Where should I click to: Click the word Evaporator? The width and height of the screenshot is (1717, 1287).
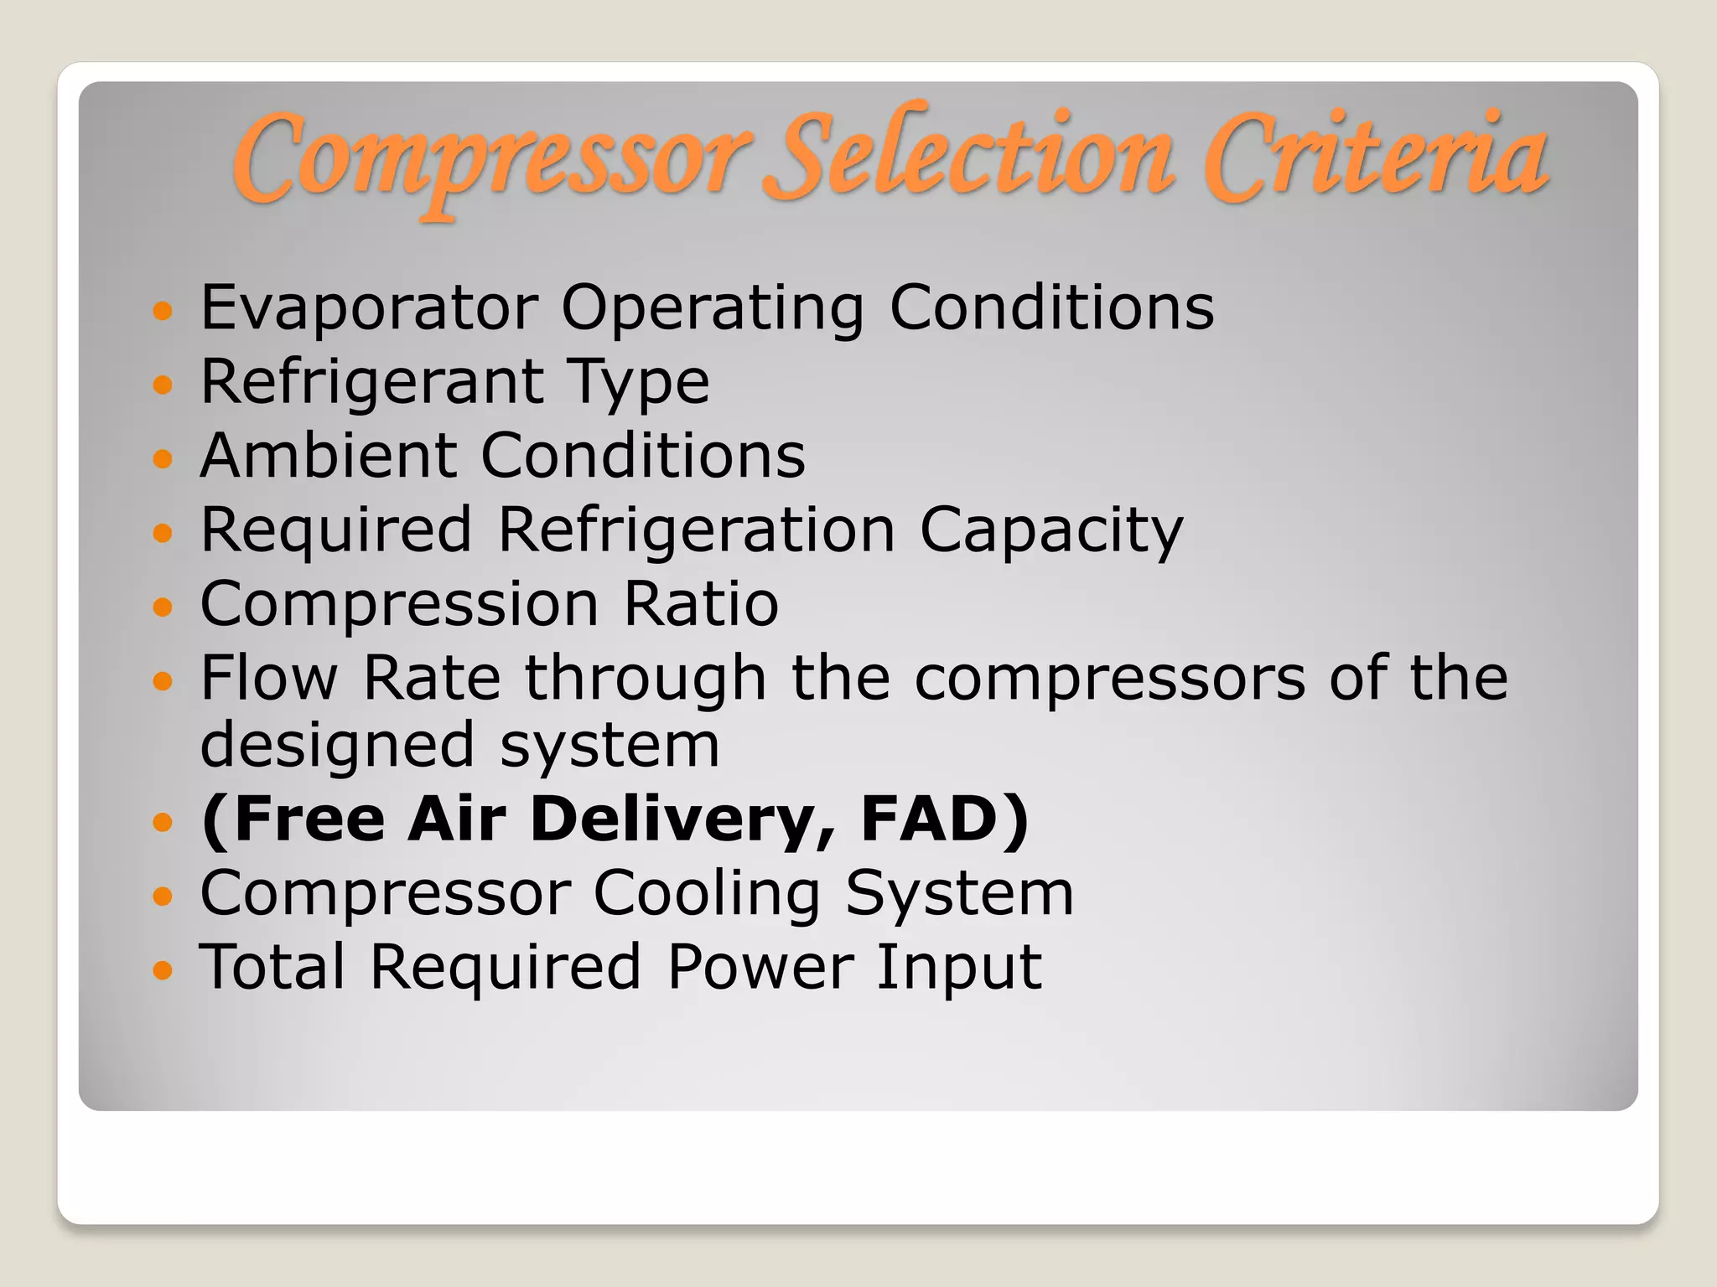click(369, 308)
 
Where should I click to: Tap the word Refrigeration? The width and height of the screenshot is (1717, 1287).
click(697, 531)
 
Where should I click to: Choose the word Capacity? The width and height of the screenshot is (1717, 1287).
click(1051, 531)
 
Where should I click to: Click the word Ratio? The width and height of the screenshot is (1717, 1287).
click(701, 604)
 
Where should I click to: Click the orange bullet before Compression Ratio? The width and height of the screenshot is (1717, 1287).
click(163, 606)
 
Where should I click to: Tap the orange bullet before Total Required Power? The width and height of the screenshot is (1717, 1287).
click(163, 970)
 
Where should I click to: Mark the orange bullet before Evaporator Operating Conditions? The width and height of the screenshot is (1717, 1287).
click(163, 311)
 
